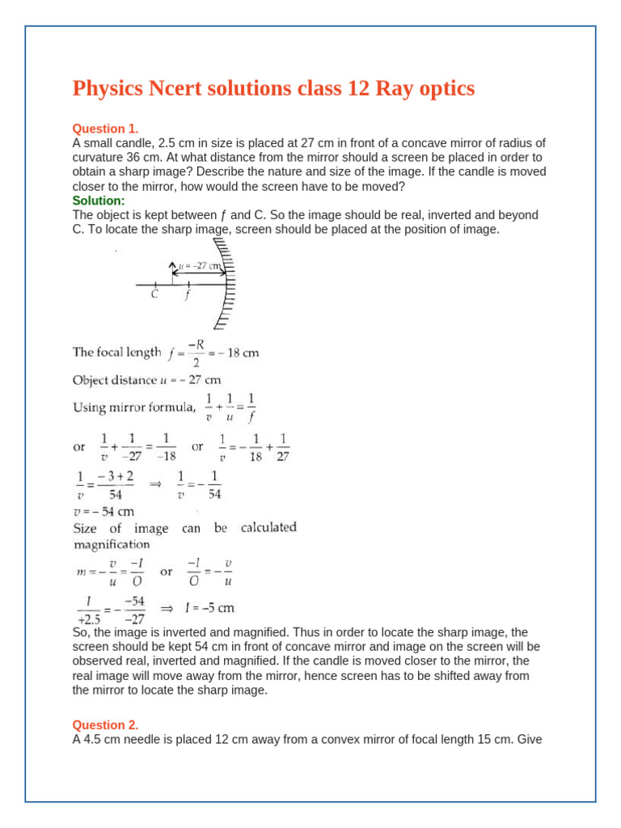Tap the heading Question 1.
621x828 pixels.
(x=106, y=129)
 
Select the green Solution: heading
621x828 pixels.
(x=99, y=200)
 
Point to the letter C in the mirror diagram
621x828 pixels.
(x=155, y=295)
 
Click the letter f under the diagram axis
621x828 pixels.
(x=188, y=295)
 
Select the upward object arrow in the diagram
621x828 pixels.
(x=171, y=273)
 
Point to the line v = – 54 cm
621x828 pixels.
(x=103, y=511)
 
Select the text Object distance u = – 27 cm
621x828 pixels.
(x=146, y=379)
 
